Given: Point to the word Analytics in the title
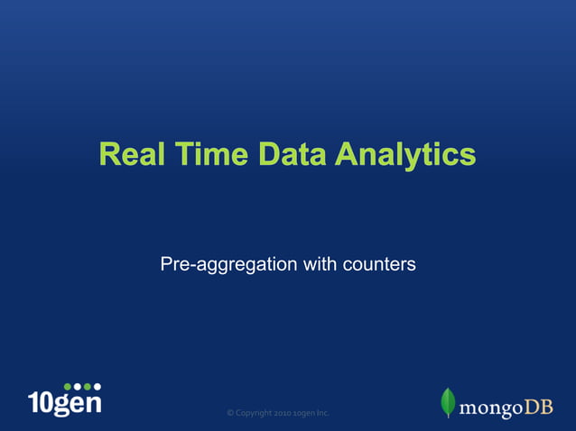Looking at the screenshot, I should click(x=405, y=154).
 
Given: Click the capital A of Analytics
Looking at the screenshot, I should click(x=347, y=154).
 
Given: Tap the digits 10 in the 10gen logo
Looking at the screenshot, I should click(x=41, y=403).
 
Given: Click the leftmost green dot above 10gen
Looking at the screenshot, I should click(x=68, y=387).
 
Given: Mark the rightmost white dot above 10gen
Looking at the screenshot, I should click(x=97, y=387).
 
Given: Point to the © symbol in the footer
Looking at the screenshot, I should click(x=230, y=413).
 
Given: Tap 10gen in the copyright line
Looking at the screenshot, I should click(x=306, y=413).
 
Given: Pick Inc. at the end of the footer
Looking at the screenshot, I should click(x=323, y=413).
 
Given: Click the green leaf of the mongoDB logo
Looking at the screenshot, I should click(x=448, y=402).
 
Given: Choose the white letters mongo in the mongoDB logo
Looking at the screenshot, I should click(x=491, y=408).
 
